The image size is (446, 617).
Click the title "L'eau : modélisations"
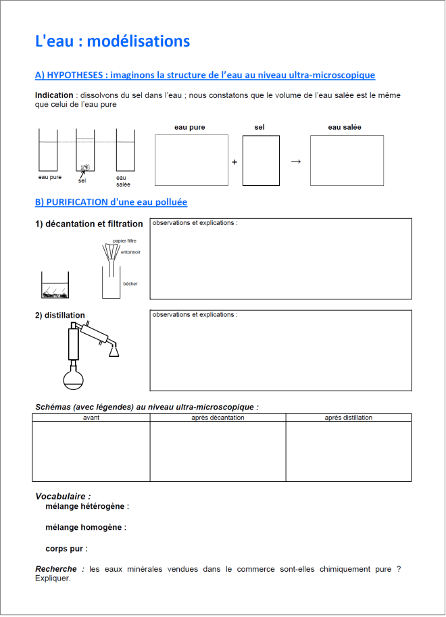(x=112, y=41)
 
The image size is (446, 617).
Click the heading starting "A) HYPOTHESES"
(x=205, y=75)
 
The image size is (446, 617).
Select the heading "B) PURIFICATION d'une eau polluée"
(x=111, y=202)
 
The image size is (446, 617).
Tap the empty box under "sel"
(x=261, y=160)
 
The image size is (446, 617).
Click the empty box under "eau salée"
(x=347, y=160)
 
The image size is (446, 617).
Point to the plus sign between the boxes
(x=234, y=162)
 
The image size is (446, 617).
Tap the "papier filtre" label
(x=124, y=241)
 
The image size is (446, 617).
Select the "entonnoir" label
(x=131, y=252)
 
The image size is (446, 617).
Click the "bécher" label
(x=130, y=284)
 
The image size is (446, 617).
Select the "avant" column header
(x=91, y=418)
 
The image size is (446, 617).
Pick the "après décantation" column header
(x=218, y=418)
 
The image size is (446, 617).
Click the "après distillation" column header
(x=348, y=418)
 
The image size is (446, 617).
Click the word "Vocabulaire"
(x=62, y=496)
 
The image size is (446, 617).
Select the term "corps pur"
(x=66, y=549)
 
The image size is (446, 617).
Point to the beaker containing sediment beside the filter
(x=55, y=286)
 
